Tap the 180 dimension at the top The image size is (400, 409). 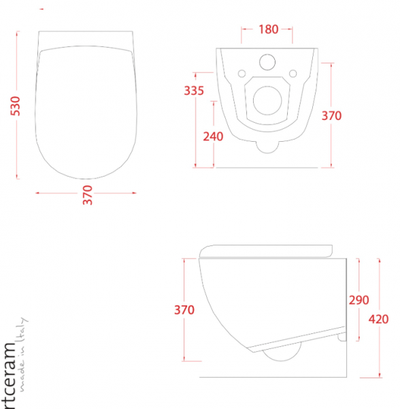pos(268,29)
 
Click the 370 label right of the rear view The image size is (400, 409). pos(331,116)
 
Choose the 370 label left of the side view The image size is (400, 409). pos(184,310)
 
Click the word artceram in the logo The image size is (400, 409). pos(10,375)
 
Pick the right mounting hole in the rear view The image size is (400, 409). pos(293,73)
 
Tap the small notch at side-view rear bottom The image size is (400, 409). pos(341,336)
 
